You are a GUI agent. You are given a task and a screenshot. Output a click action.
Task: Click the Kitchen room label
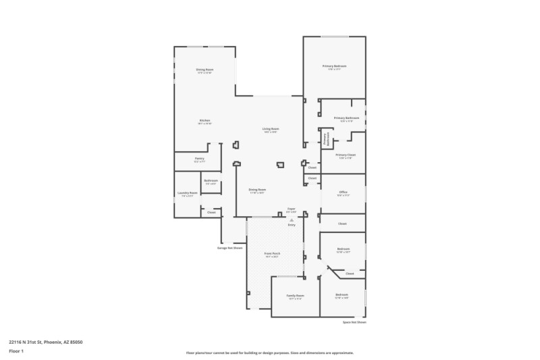coord(205,121)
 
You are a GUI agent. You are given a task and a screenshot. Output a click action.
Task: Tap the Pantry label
coord(199,159)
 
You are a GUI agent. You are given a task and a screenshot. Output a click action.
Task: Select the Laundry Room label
coord(187,193)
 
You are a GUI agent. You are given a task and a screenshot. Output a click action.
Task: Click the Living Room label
coord(271,129)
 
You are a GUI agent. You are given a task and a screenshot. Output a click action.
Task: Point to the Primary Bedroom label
coord(334,66)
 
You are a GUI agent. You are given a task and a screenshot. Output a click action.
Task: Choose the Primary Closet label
coord(346,155)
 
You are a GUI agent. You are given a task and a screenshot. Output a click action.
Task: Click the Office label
coord(343,192)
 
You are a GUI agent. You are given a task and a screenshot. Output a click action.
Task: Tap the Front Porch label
coord(272,254)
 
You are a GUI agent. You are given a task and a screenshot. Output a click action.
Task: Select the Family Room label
coord(295,296)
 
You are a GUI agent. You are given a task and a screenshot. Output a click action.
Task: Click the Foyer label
coord(291,209)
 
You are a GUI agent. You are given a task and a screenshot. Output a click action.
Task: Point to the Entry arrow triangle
coord(292,220)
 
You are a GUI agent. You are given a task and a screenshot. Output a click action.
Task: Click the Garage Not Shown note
coord(230,248)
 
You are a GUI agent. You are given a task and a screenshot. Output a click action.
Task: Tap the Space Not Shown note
coord(354,323)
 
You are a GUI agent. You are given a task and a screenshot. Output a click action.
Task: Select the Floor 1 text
coord(16,351)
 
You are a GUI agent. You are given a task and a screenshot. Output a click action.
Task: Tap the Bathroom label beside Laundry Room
coord(211,181)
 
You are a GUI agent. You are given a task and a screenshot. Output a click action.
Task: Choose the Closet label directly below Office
coord(342,224)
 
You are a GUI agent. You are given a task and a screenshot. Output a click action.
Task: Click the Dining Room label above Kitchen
coord(205,70)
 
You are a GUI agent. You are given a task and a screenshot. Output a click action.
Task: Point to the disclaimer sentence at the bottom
coord(269,353)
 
